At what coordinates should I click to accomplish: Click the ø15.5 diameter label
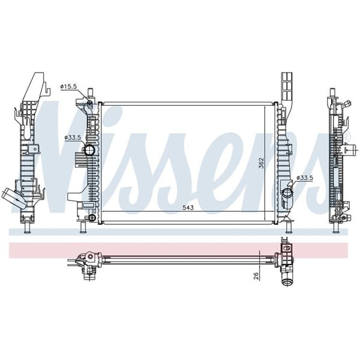(68, 87)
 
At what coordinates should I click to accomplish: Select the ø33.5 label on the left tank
(73, 138)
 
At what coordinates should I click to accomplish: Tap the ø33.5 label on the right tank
(305, 178)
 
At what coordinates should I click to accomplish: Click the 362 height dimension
(261, 163)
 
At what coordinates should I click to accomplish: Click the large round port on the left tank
(89, 150)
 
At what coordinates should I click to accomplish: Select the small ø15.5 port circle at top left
(89, 104)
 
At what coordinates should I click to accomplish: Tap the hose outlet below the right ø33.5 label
(287, 193)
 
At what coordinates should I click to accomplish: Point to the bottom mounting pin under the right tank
(289, 228)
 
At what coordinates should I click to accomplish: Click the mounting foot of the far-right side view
(337, 229)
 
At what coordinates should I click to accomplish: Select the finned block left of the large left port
(80, 158)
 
